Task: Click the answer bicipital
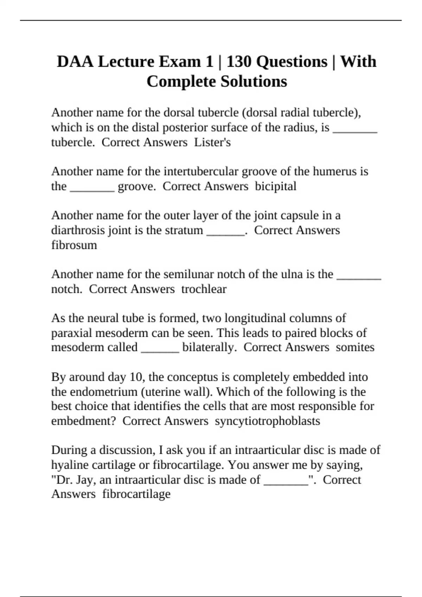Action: pyautogui.click(x=275, y=186)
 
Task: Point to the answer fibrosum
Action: pyautogui.click(x=74, y=245)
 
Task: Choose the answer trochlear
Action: pyautogui.click(x=204, y=289)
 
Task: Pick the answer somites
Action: pyautogui.click(x=355, y=347)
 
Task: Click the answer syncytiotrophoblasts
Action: pyautogui.click(x=267, y=421)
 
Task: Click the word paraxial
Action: pyautogui.click(x=72, y=333)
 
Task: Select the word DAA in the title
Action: pyautogui.click(x=75, y=62)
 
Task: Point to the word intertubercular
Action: pyautogui.click(x=202, y=171)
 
